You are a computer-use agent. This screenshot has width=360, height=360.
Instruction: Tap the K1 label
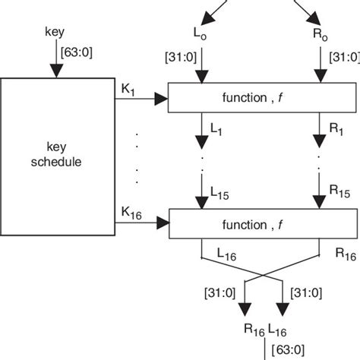coord(128,89)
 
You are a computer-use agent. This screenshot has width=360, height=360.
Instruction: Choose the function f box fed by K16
coord(251,225)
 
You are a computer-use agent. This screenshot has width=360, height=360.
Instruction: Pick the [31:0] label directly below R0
coord(343,58)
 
